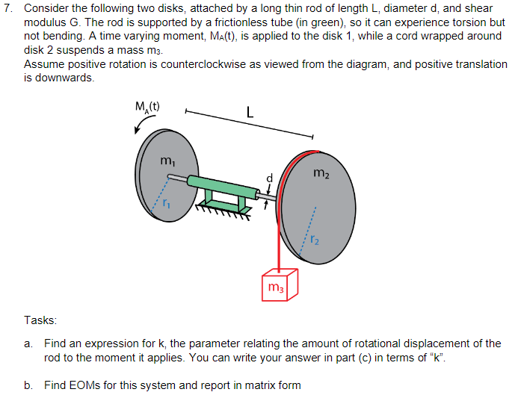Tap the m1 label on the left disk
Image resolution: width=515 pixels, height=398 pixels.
(167, 162)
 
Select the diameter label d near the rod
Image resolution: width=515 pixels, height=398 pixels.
(262, 177)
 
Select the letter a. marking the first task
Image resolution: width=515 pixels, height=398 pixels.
(29, 343)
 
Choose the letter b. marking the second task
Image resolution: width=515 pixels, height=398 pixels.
(29, 385)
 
